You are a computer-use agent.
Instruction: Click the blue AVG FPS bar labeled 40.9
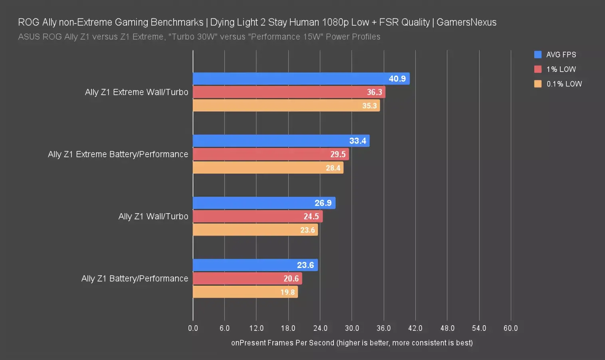coord(301,79)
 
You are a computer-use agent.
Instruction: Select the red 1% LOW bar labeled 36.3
coord(289,92)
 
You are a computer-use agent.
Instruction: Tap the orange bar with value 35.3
coord(286,106)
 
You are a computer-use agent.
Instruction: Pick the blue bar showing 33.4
coord(281,141)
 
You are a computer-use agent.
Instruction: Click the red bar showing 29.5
coord(271,154)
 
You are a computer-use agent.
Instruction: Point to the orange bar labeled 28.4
coord(268,168)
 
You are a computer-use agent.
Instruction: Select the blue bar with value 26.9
coord(264,203)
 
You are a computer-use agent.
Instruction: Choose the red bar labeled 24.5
coord(258,216)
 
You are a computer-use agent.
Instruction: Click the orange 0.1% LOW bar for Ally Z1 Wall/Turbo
coord(255,230)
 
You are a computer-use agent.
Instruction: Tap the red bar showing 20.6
coord(247,278)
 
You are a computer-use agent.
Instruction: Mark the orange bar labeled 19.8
coord(245,292)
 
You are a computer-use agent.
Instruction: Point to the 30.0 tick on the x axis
coord(352,328)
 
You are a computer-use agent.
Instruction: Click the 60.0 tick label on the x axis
coord(510,328)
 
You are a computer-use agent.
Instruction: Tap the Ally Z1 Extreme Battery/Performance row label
coord(118,154)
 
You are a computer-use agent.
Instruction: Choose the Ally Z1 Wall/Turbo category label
coord(153,216)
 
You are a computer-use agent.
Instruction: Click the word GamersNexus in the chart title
coord(466,22)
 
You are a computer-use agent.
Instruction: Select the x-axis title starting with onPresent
coord(352,343)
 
